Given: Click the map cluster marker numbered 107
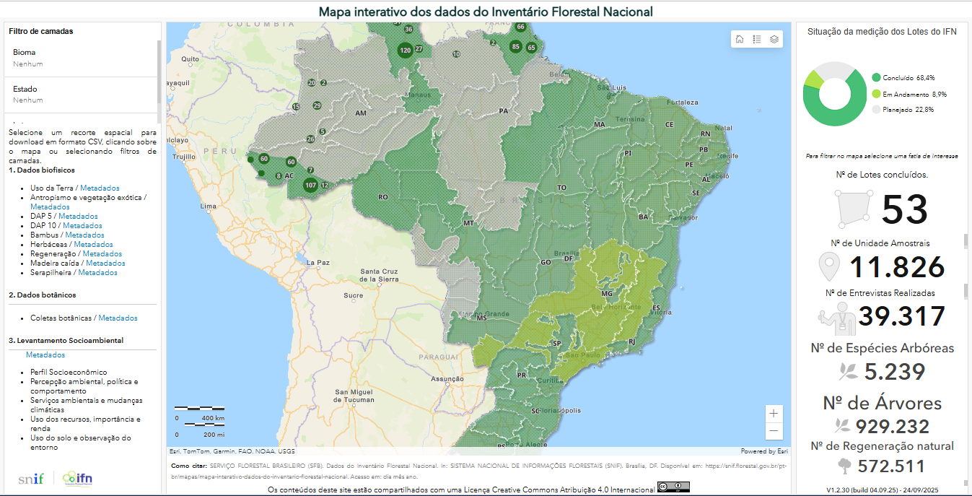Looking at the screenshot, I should point(311,185).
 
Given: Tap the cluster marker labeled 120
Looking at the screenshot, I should point(405,50).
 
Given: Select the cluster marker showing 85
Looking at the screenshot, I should point(515,47).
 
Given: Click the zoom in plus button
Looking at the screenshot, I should point(774,414).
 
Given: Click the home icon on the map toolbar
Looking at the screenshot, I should point(740,39).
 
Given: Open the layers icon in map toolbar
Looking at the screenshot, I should point(774,39).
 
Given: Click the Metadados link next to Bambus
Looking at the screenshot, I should point(84,235).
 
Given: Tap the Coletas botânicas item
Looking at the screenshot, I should point(61,318).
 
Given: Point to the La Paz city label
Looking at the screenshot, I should point(318,262).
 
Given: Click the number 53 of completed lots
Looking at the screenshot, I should point(904,209).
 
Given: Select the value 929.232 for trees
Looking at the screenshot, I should point(892,426).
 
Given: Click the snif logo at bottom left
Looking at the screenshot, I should point(31,478).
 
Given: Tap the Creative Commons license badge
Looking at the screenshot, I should point(673,488).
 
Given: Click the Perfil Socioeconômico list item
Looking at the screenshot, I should point(69,373).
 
